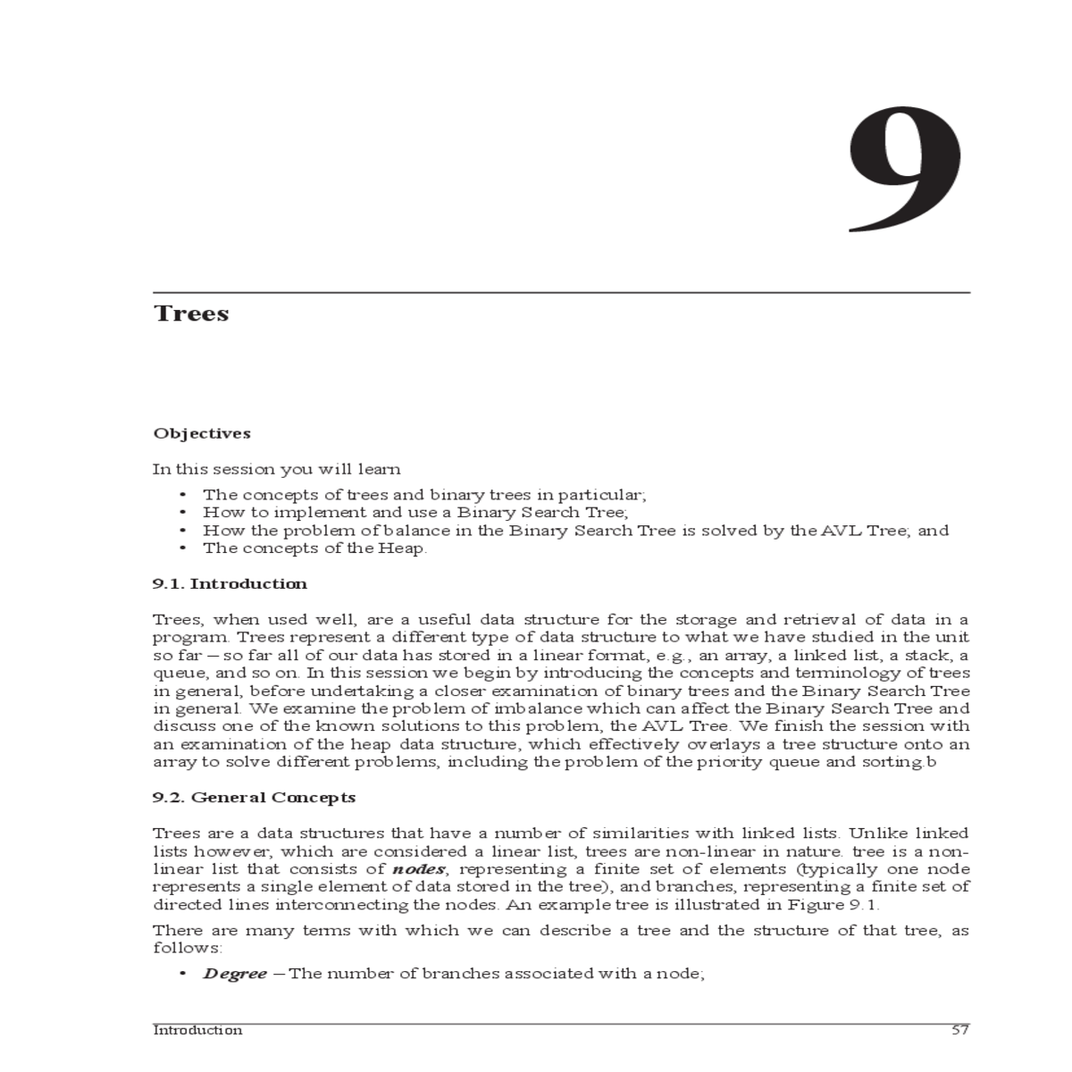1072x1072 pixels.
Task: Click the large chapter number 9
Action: (905, 170)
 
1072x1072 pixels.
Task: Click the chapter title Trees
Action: (191, 314)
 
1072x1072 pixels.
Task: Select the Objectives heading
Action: (202, 433)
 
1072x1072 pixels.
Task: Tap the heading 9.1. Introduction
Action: (230, 583)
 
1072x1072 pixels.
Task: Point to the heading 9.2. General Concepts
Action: (254, 797)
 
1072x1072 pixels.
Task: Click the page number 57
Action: (960, 1030)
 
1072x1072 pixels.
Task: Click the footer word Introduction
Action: (197, 1030)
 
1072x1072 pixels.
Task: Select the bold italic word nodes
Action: (413, 869)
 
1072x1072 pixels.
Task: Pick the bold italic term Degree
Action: (234, 974)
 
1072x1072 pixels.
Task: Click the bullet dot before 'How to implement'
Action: (183, 513)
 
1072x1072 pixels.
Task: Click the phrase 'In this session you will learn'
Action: (276, 469)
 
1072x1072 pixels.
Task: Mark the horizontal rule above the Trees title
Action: (561, 292)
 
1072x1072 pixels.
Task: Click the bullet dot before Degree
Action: (183, 974)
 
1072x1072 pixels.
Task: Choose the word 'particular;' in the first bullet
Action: (605, 495)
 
